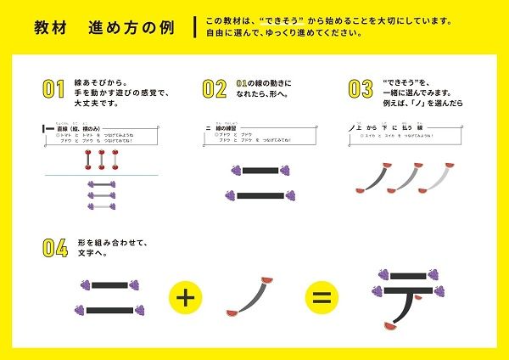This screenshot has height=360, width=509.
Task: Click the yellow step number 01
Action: (53, 88)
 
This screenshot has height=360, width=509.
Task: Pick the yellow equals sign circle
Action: (320, 297)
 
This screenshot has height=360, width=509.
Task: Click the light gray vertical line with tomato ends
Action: (114, 159)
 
